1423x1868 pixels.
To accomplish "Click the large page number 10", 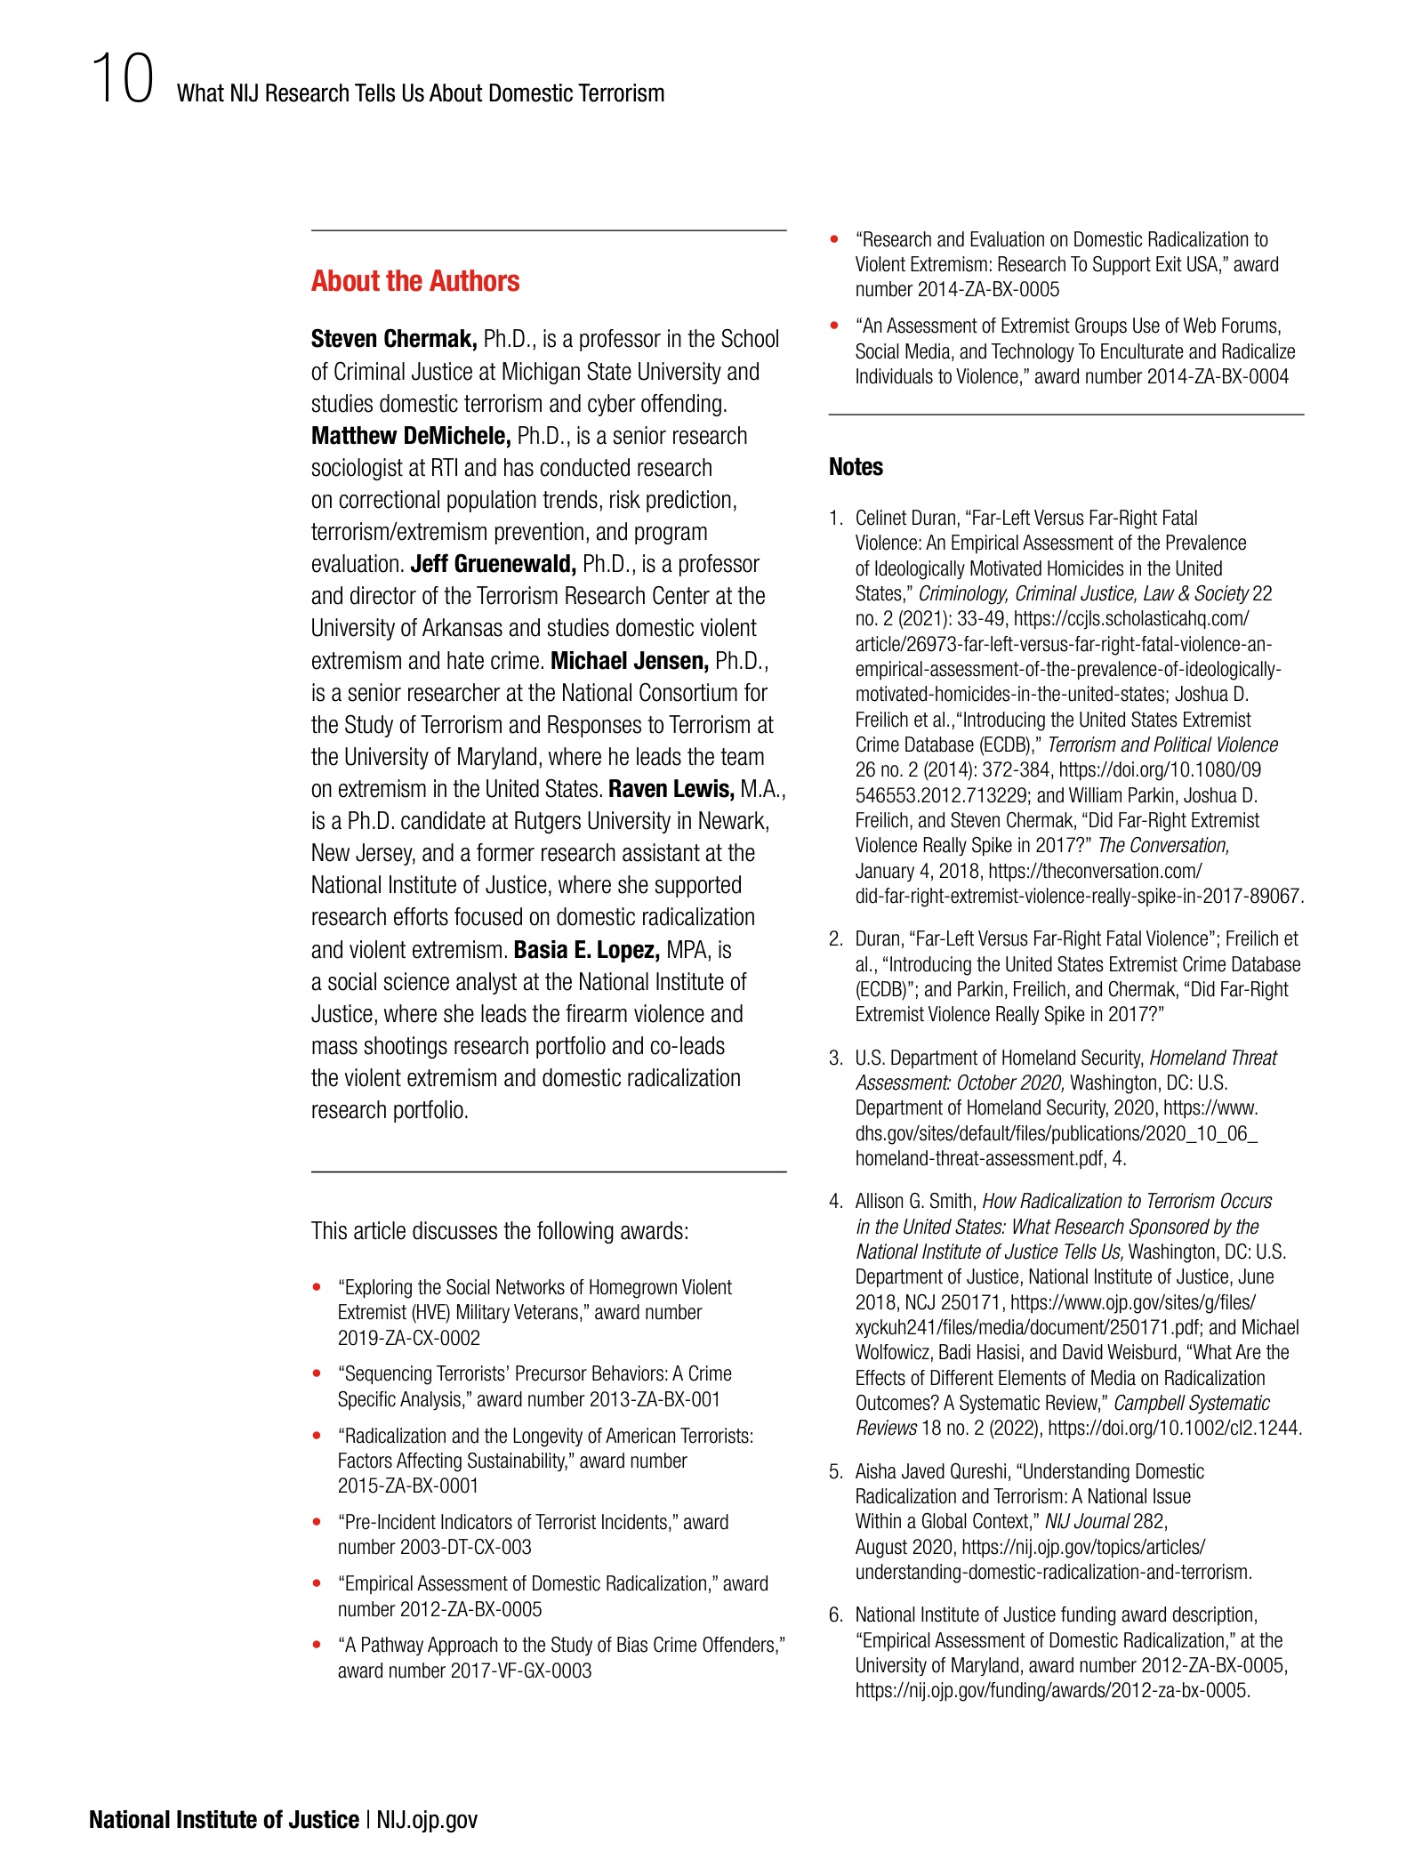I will [x=122, y=80].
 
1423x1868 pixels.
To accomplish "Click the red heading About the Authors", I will [x=414, y=281].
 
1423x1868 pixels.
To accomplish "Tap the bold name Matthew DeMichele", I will [x=411, y=436].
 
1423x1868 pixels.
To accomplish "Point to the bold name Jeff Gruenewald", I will [x=493, y=564].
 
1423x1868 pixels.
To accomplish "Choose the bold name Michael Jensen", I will [x=630, y=661].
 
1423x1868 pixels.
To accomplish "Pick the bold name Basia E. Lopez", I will [x=586, y=950].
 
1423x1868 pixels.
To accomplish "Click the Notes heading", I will [x=856, y=467].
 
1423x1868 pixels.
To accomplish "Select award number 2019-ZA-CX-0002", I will [x=408, y=1338].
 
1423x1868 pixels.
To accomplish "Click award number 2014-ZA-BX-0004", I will [x=1218, y=376].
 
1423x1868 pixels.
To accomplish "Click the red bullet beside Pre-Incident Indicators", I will [x=317, y=1522].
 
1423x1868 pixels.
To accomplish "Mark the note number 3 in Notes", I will [x=835, y=1058].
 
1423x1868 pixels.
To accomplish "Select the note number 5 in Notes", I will [x=835, y=1471].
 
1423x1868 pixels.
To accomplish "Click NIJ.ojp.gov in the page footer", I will [x=427, y=1820].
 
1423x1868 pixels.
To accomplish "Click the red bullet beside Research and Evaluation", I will [x=834, y=239].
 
